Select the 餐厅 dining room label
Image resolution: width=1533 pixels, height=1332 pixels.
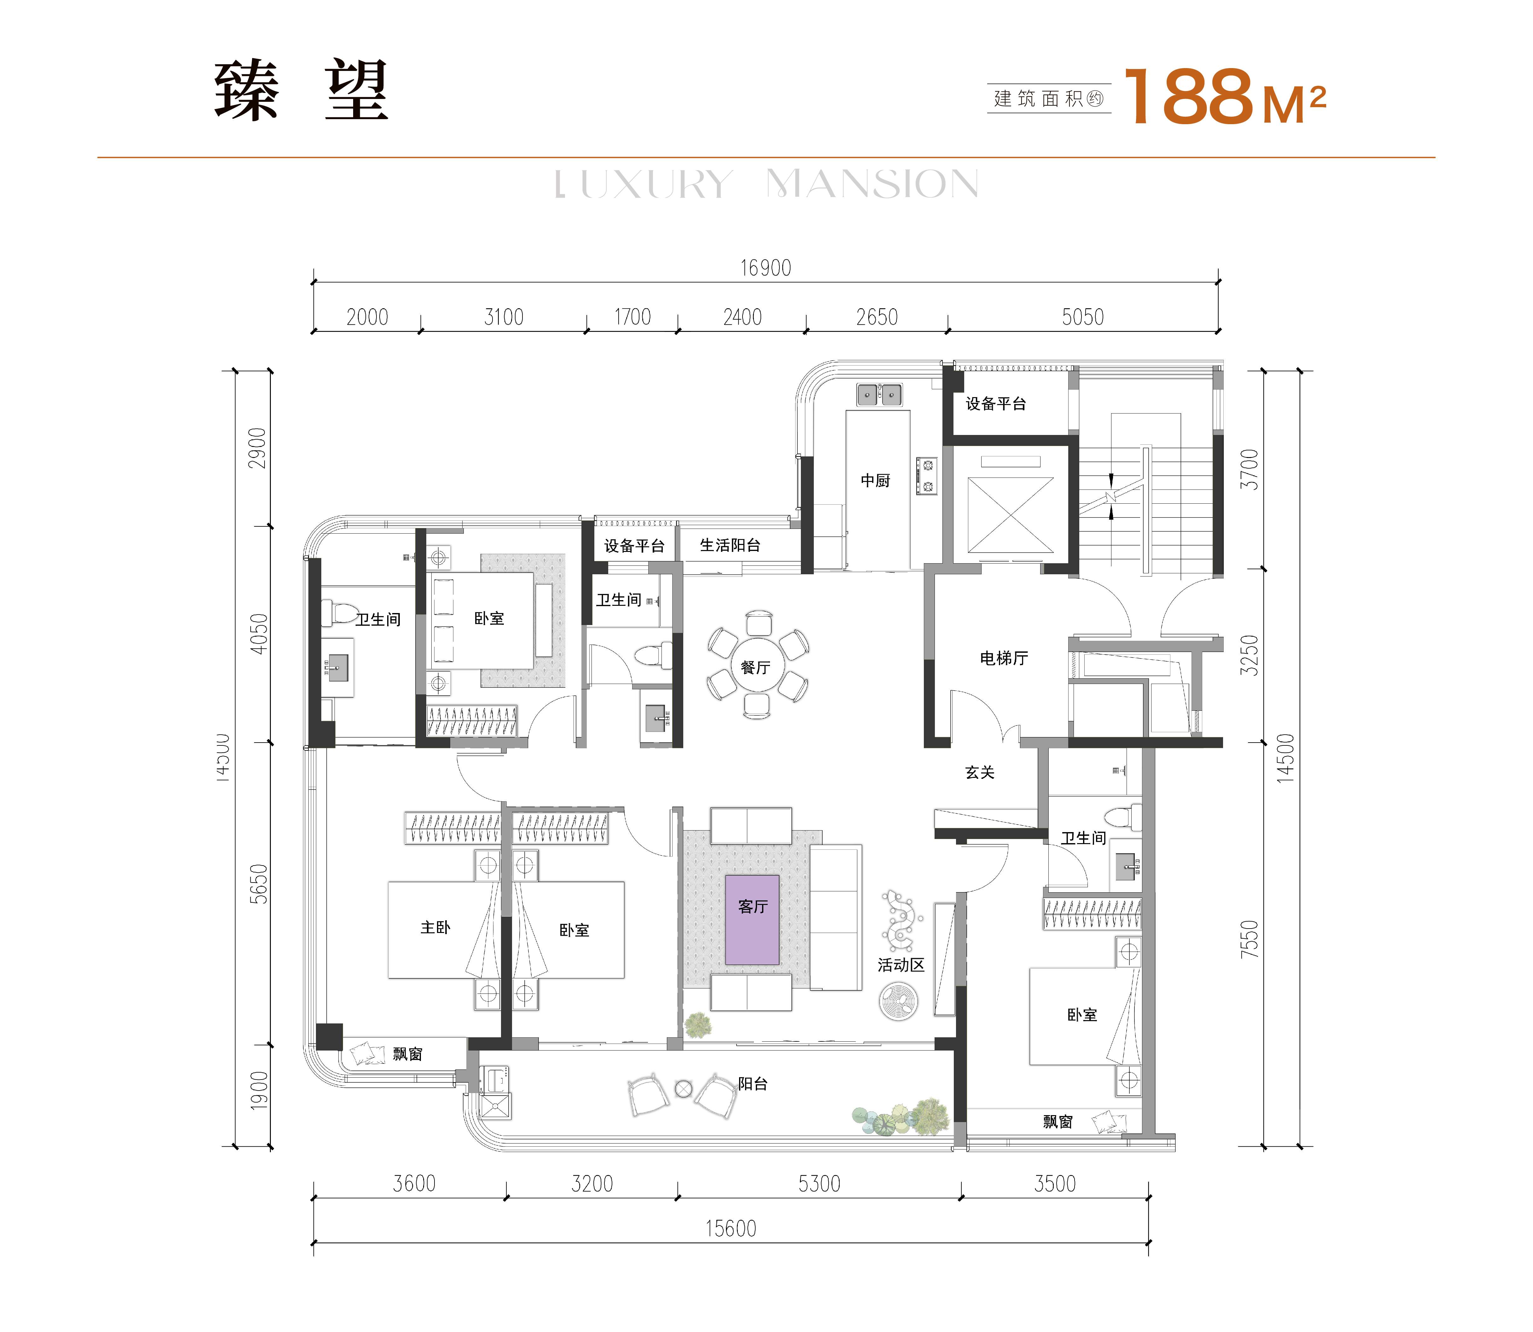[x=755, y=668]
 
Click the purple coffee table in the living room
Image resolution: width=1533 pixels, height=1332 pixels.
[x=752, y=919]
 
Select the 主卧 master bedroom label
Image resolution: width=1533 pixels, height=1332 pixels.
[x=435, y=928]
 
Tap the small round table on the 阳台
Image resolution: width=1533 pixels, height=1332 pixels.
[x=683, y=1089]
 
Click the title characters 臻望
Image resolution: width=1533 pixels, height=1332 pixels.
[x=301, y=91]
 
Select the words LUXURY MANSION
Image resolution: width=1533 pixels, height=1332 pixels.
[x=766, y=184]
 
